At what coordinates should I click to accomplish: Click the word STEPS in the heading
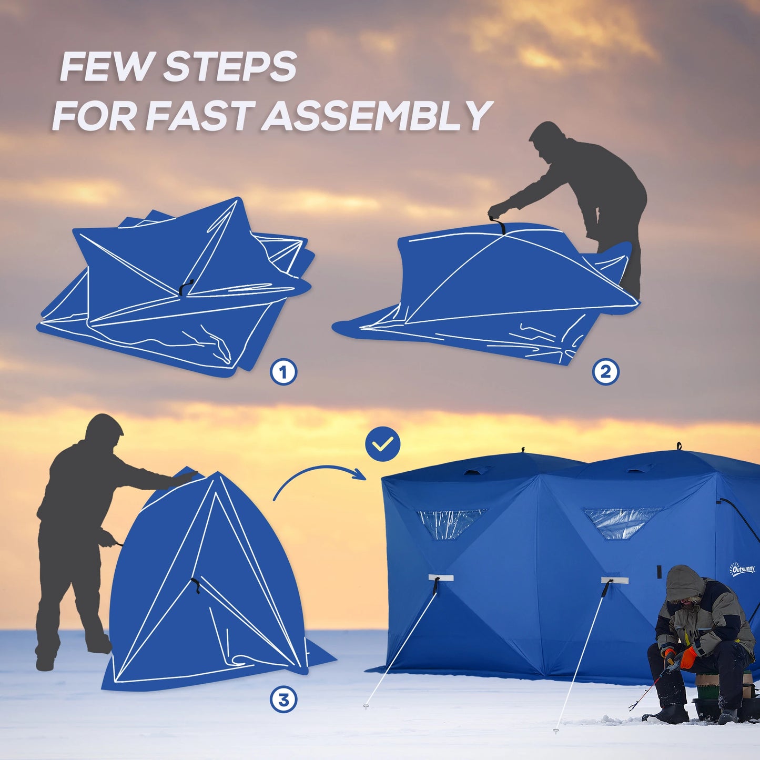coord(230,67)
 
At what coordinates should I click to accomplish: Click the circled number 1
coord(283,372)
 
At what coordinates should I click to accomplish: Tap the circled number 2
coord(605,372)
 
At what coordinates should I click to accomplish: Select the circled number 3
coord(283,700)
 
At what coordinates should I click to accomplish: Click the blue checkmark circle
coord(383,444)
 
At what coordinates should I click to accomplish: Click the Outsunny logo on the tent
coord(742,569)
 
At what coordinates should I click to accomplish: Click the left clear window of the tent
coord(451,522)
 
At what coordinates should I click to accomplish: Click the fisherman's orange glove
coord(688,657)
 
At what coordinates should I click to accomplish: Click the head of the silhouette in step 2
coord(547,138)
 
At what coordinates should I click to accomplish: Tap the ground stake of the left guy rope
coord(366,707)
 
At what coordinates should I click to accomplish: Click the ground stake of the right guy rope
coord(556,731)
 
